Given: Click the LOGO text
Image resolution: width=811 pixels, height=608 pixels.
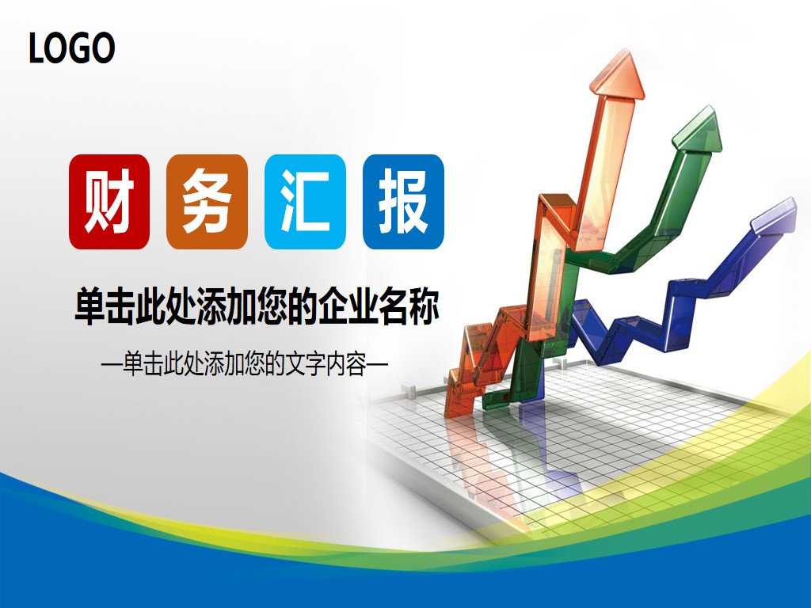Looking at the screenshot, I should coord(72,48).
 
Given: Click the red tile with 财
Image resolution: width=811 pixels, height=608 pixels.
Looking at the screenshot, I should coord(109,202).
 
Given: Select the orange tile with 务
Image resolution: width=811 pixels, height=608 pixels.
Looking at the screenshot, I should coord(207,202).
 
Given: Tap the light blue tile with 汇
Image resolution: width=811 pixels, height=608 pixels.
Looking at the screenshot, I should coord(305,202).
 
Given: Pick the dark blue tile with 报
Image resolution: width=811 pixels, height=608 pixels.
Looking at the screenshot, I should coord(403,202).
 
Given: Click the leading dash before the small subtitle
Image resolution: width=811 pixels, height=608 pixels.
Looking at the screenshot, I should coord(112,367).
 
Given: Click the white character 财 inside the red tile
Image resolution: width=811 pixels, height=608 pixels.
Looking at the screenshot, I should coord(109,202).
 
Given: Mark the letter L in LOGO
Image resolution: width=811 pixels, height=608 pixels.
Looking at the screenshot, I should coord(36,49).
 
